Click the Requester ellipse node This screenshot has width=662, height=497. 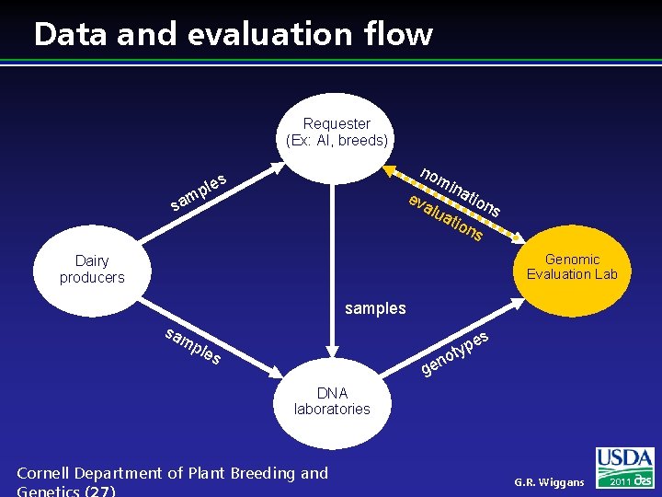[x=337, y=132]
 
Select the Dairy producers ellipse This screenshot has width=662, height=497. [x=92, y=269]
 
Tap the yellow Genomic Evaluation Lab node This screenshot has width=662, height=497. [x=571, y=267]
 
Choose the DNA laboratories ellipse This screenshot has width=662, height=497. [x=331, y=401]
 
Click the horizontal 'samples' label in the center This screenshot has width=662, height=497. [x=375, y=308]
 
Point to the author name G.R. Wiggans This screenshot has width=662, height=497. [x=549, y=482]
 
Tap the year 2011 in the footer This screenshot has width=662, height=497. [x=618, y=481]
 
